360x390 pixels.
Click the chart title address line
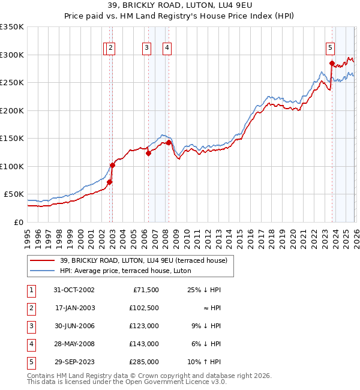[179, 7]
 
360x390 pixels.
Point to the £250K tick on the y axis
[12, 82]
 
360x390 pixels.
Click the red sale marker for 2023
[332, 63]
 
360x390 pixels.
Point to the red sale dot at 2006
[148, 153]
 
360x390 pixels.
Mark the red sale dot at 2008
[169, 142]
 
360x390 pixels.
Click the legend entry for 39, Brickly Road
[143, 260]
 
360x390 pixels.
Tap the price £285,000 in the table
[144, 362]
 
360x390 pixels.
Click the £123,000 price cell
[144, 326]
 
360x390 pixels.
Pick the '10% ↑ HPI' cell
[203, 362]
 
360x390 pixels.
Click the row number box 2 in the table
[31, 308]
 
